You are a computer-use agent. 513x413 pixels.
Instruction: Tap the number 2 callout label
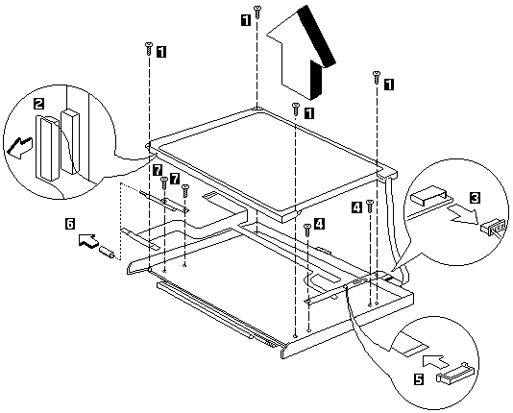coord(38,105)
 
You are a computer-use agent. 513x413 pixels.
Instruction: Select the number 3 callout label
coord(475,198)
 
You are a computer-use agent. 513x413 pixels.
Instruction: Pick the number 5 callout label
coord(419,379)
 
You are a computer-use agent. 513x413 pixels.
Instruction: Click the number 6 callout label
coord(70,224)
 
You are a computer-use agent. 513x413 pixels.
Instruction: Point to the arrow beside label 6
coord(88,241)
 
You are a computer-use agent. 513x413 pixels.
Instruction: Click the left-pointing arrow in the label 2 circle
coord(19,148)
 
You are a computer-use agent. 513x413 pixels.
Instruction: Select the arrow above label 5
coord(435,362)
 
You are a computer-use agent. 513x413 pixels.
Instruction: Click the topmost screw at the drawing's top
coord(257,12)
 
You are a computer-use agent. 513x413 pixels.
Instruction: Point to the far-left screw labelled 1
coord(149,48)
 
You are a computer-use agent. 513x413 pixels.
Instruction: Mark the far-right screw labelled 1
coord(377,77)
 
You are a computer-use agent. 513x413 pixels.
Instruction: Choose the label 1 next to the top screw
coord(245,20)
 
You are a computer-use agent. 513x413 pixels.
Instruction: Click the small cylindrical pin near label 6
coord(108,253)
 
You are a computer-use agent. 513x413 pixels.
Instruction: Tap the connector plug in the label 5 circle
coord(455,374)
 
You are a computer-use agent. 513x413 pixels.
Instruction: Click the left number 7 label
coord(158,170)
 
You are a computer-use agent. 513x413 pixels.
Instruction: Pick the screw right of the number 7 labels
coord(185,191)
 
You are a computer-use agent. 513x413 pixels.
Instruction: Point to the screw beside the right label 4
coord(369,206)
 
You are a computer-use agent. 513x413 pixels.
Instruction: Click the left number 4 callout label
coord(356,207)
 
